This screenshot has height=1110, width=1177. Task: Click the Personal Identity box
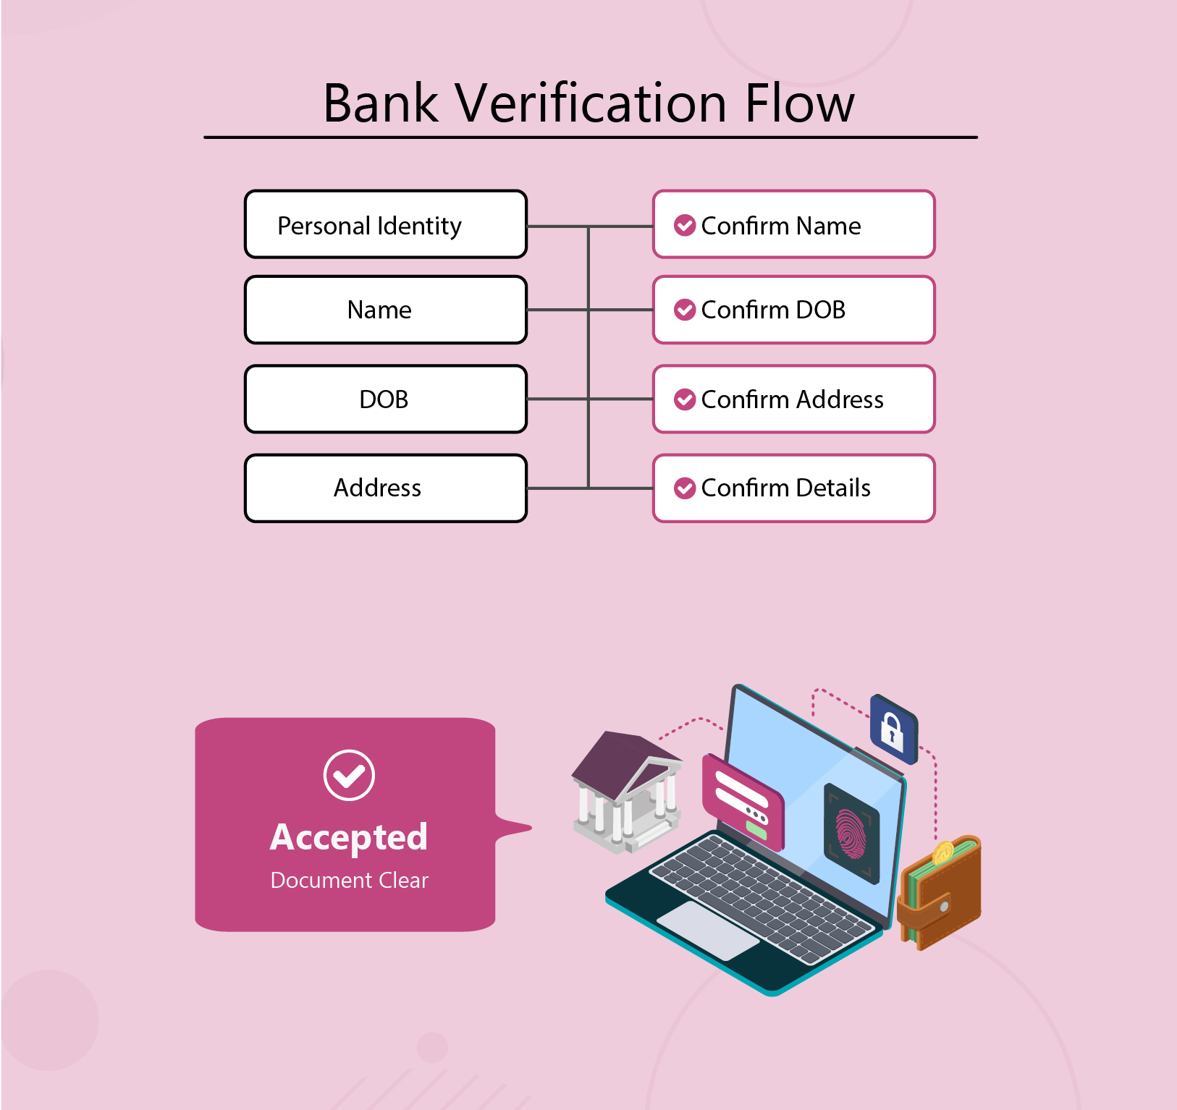(386, 224)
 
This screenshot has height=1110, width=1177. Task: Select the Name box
(386, 310)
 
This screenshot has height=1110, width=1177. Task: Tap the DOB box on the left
(386, 399)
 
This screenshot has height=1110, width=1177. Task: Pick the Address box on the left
(386, 488)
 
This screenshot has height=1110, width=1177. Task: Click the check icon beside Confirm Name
(685, 226)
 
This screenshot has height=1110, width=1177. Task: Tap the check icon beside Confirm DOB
(685, 310)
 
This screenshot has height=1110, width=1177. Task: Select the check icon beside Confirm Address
(685, 399)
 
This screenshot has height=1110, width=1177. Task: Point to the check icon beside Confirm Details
(685, 488)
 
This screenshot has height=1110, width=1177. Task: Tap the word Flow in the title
(799, 103)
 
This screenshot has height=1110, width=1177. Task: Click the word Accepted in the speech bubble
(349, 837)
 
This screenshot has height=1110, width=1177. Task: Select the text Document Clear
(349, 881)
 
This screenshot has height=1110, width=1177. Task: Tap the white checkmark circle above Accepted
(349, 775)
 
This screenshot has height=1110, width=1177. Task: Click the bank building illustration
(626, 792)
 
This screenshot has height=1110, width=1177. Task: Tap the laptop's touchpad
(707, 931)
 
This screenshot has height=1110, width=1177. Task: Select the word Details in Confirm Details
(833, 488)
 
